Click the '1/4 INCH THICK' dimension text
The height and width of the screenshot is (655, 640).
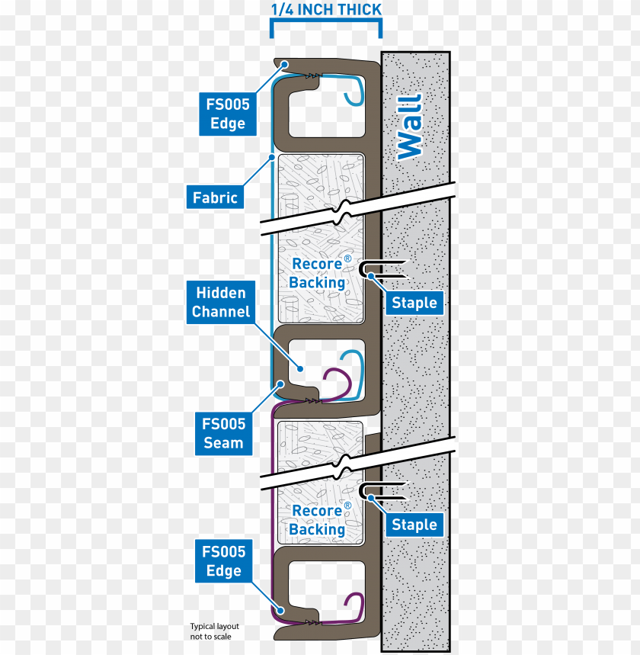(326, 10)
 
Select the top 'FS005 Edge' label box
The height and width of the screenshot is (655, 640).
(227, 114)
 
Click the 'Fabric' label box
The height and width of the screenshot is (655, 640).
(215, 197)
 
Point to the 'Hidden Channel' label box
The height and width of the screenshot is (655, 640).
(221, 302)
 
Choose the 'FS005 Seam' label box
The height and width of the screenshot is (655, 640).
(223, 433)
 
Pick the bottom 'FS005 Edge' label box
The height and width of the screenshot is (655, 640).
(223, 561)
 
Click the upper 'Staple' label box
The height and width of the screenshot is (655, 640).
(414, 303)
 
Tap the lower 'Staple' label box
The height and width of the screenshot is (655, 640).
(414, 525)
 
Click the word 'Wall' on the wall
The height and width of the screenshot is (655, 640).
(409, 126)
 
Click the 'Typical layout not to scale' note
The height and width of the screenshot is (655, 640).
(210, 631)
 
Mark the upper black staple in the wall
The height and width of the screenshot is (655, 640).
(381, 268)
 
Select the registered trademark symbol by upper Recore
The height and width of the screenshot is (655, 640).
(347, 259)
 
